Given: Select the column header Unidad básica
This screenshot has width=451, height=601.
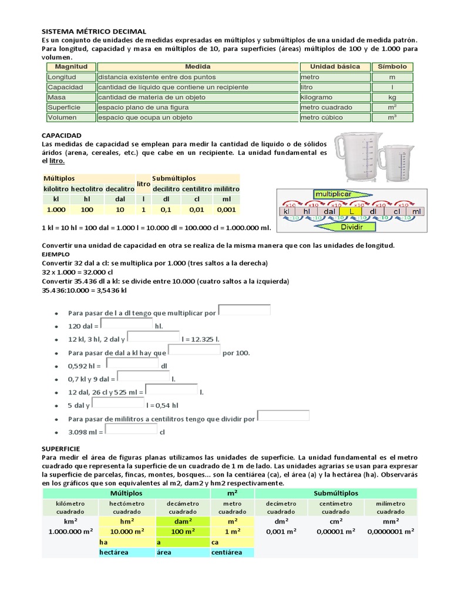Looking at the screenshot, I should click(335, 67).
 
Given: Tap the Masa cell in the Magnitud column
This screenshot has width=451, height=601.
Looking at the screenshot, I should click(57, 97).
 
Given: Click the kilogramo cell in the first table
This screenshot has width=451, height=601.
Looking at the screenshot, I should click(317, 97).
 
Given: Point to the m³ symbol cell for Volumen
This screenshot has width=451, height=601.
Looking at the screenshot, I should click(392, 117).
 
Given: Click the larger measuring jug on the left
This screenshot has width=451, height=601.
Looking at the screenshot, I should click(356, 157).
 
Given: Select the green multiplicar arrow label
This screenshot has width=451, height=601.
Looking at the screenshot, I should click(334, 193).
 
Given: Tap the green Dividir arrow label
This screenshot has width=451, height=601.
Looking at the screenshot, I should click(350, 227).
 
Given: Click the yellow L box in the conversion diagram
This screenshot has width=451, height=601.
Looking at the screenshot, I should click(351, 211).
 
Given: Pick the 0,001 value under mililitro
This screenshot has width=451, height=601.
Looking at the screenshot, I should click(226, 210).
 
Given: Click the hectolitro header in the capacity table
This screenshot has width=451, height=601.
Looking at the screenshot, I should click(87, 189).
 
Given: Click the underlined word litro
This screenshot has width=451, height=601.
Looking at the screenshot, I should click(57, 161).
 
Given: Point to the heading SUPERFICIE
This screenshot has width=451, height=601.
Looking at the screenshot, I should click(64, 448).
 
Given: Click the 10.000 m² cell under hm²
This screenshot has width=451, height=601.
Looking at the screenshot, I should click(127, 531).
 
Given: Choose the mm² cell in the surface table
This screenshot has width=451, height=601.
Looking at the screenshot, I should click(391, 521).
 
